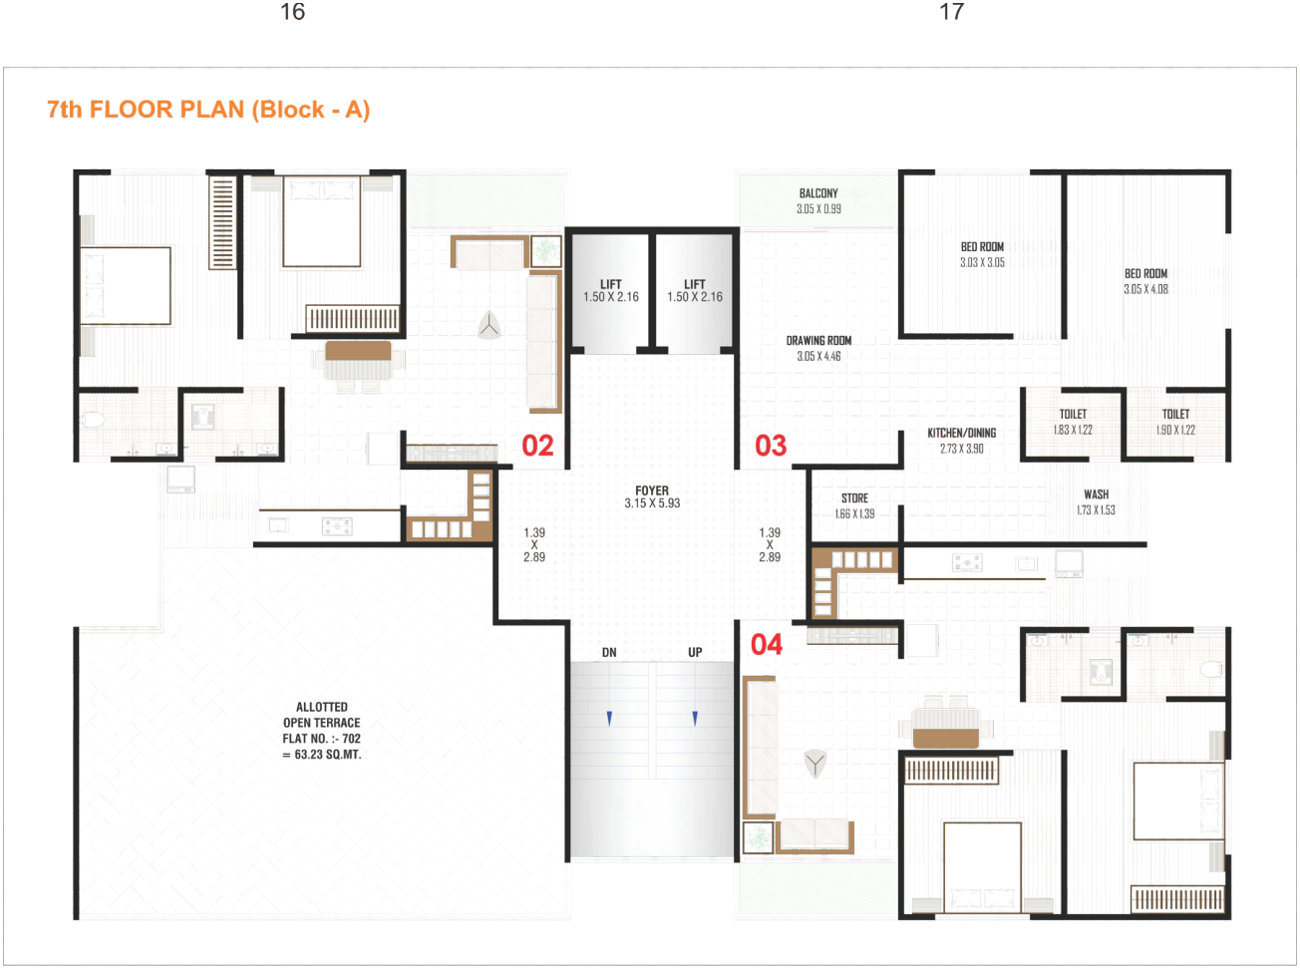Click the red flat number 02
[537, 446]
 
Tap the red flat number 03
[771, 446]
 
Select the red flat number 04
[767, 644]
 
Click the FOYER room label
[651, 490]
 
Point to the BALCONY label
[818, 193]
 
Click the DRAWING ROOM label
[818, 341]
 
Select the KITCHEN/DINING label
[961, 433]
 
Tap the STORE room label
[854, 498]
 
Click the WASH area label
[1096, 494]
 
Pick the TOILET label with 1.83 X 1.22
[1073, 414]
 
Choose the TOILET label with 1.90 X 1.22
[1175, 414]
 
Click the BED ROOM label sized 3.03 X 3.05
[982, 246]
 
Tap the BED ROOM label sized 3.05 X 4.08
[1146, 273]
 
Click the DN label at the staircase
[609, 653]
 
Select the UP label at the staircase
[695, 653]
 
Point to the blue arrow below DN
[609, 719]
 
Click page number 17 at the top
[952, 12]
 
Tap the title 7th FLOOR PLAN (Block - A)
[208, 110]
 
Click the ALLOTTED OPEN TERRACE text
[322, 715]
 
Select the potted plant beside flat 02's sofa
[545, 251]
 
